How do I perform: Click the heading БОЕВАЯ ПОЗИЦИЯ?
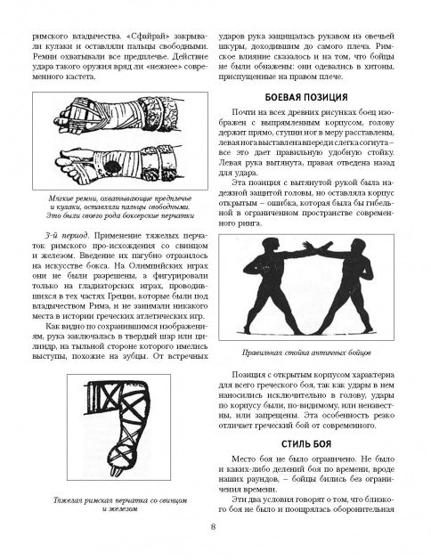click(306, 98)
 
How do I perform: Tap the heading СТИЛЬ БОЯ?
click(306, 444)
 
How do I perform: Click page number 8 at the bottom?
click(213, 527)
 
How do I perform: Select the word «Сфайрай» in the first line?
click(150, 37)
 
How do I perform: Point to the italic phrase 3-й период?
click(67, 236)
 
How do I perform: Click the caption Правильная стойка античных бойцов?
click(306, 353)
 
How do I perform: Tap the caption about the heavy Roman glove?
click(120, 504)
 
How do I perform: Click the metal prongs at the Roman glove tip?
click(116, 471)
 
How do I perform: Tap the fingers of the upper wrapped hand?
click(63, 119)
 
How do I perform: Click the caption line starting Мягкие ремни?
click(120, 199)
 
